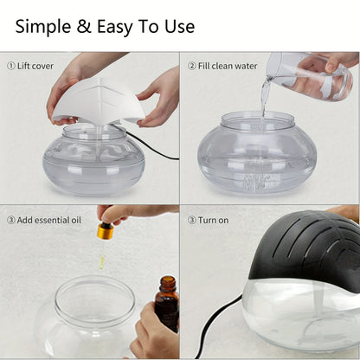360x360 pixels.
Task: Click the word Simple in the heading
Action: (44, 26)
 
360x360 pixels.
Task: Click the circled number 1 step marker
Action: (11, 66)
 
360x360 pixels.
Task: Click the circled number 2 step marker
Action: (193, 66)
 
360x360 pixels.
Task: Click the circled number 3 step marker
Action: (11, 220)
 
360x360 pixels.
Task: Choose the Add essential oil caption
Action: (51, 220)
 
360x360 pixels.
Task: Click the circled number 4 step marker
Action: (193, 220)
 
